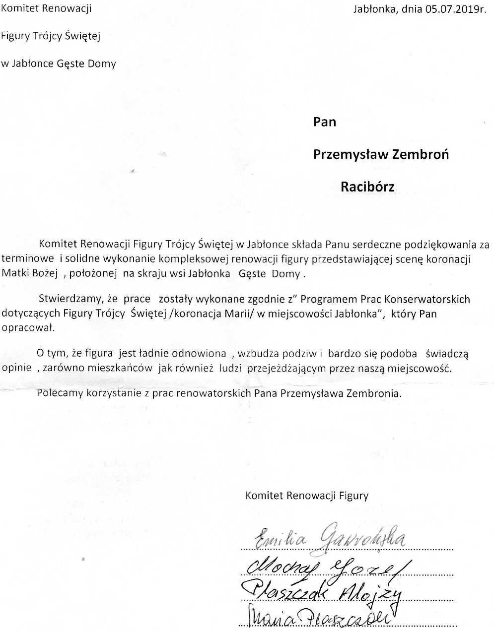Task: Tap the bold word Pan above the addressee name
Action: click(x=325, y=122)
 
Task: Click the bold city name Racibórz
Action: click(x=367, y=187)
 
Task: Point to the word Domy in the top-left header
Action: click(x=102, y=63)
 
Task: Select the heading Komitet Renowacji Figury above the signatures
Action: click(x=307, y=495)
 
